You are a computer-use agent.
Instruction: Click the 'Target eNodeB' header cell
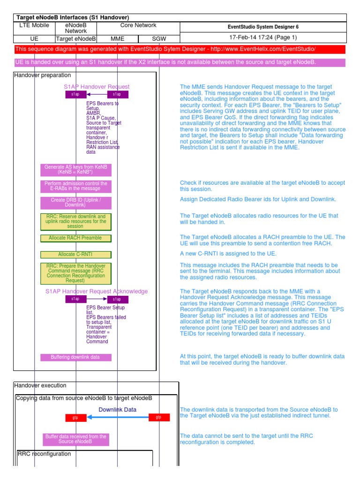[x=76, y=39]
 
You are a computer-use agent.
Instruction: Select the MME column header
[x=117, y=39]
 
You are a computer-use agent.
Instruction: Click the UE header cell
[x=34, y=39]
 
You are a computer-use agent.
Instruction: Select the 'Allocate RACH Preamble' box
[x=75, y=238]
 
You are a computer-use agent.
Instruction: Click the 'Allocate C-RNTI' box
[x=75, y=255]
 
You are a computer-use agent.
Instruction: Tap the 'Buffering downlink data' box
[x=75, y=357]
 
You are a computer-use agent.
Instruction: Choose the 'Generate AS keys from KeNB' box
[x=75, y=170]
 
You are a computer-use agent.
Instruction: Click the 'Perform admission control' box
[x=75, y=186]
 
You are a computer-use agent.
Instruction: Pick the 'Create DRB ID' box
[x=75, y=202]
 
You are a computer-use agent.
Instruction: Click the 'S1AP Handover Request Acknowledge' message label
[x=97, y=291]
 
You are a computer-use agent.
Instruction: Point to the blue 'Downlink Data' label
[x=117, y=410]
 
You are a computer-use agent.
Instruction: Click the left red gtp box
[x=75, y=417]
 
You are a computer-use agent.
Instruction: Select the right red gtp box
[x=159, y=417]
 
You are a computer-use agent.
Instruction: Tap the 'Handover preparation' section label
[x=43, y=75]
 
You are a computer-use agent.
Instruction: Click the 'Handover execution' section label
[x=40, y=385]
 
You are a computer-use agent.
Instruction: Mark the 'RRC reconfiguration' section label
[x=45, y=454]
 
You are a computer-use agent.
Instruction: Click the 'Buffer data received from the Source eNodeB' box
[x=75, y=439]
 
